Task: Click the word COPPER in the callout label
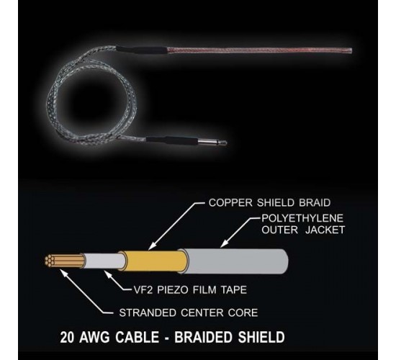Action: (x=230, y=202)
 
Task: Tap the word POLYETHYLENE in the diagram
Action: (x=302, y=218)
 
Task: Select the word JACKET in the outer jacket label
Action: (x=325, y=230)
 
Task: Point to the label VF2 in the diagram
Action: (x=143, y=289)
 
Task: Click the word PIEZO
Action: (x=173, y=289)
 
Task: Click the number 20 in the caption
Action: (x=67, y=337)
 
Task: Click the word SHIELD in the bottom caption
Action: (x=261, y=337)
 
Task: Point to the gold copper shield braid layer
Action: (x=154, y=261)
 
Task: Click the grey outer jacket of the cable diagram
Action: (x=235, y=261)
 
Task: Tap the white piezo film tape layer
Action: (x=104, y=261)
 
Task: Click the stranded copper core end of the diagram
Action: (x=64, y=261)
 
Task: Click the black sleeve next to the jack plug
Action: (x=172, y=140)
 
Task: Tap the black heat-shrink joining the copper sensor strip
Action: (x=141, y=49)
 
